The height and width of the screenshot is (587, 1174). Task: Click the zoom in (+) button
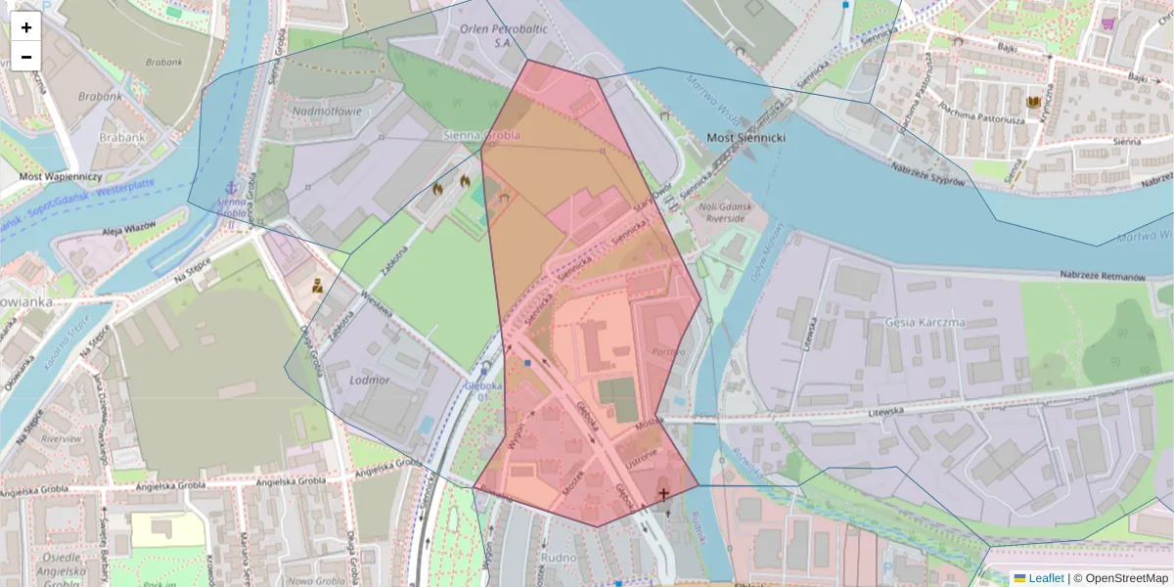(x=26, y=27)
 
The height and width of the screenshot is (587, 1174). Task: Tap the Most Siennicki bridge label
(x=745, y=138)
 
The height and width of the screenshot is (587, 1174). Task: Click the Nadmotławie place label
(x=327, y=112)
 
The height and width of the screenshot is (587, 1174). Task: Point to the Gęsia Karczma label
(x=924, y=322)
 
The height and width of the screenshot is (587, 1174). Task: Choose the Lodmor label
(x=369, y=380)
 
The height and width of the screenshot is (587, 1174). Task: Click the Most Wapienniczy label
(x=61, y=176)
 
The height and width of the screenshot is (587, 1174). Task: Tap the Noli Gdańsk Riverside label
(x=719, y=212)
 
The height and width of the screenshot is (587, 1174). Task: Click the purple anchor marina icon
(x=232, y=188)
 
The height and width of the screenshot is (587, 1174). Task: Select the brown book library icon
(x=1033, y=102)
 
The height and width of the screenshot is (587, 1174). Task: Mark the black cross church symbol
(x=665, y=494)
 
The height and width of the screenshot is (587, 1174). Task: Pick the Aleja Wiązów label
(x=129, y=231)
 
